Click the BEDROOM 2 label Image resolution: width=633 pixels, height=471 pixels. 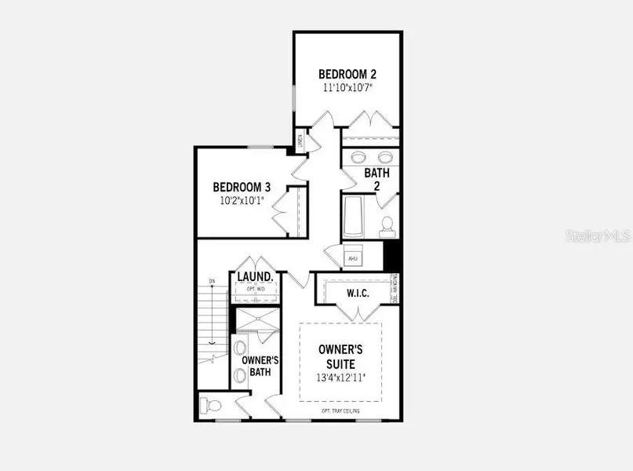347,75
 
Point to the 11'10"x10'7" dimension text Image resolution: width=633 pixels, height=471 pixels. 347,88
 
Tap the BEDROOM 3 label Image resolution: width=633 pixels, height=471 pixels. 242,188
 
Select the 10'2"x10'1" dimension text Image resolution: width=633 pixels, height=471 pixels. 242,200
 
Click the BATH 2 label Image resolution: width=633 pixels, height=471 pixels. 377,178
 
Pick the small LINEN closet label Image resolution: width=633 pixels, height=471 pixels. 300,141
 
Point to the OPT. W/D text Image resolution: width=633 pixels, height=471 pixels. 255,290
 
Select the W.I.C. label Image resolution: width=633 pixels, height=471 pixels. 358,294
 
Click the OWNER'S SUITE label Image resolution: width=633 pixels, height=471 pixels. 340,356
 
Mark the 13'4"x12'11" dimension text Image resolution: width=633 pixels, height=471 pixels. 340,378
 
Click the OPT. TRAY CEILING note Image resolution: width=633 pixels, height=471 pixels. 341,411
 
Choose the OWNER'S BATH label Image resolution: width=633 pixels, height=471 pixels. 256,366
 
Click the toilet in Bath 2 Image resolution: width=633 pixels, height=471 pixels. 386,227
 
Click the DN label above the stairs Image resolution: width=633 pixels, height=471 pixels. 212,280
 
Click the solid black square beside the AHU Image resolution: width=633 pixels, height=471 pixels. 394,256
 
